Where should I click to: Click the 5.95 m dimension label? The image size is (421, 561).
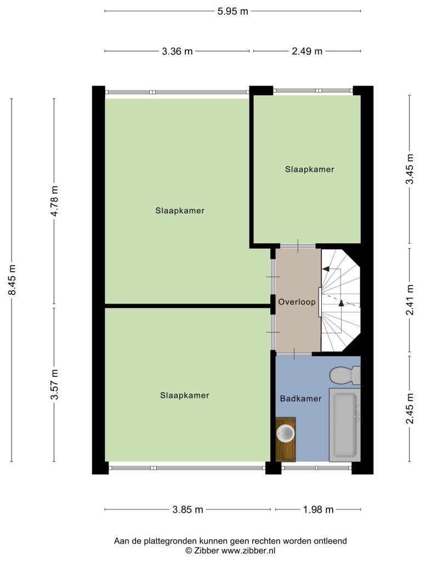click(x=232, y=12)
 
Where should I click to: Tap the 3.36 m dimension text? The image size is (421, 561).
click(x=177, y=51)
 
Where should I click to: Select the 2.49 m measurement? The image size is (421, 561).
click(x=307, y=51)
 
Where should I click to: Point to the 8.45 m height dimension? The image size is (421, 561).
click(x=12, y=280)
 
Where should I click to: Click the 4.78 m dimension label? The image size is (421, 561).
click(x=54, y=201)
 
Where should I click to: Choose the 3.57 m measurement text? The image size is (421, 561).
click(x=54, y=385)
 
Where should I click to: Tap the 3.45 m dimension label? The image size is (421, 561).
click(x=409, y=169)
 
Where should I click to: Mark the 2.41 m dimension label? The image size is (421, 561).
click(x=409, y=300)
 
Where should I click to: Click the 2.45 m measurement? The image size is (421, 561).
click(x=409, y=408)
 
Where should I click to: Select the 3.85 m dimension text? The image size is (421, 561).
click(x=187, y=510)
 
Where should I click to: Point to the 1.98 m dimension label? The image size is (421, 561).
click(x=318, y=510)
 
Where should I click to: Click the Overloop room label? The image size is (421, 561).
click(x=297, y=302)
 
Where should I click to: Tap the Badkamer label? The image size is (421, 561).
click(x=301, y=399)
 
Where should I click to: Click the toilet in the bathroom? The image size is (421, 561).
click(x=345, y=375)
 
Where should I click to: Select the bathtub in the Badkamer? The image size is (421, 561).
click(x=345, y=426)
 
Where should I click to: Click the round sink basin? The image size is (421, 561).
click(x=286, y=433)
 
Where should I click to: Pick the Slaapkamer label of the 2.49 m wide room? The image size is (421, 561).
click(x=310, y=169)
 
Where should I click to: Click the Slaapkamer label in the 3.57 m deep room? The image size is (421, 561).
click(x=185, y=396)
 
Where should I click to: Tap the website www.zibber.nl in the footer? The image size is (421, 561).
click(x=248, y=551)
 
